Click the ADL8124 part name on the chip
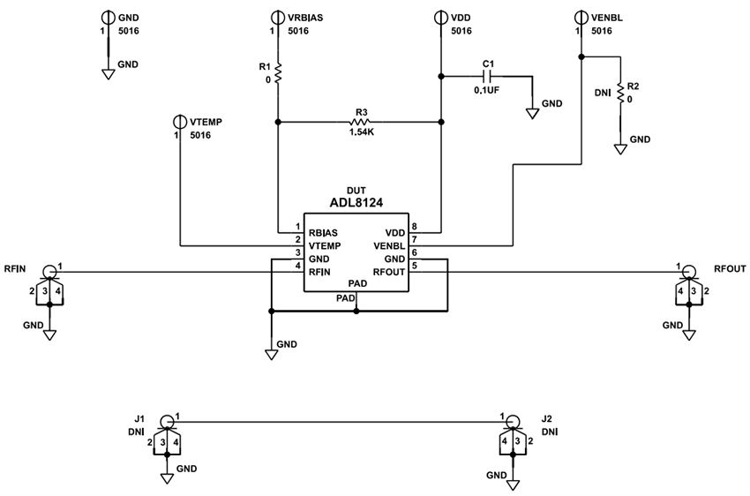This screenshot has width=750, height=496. coord(357,202)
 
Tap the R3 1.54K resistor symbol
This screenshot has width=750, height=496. coord(360,122)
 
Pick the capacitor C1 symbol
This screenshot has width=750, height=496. coord(486,77)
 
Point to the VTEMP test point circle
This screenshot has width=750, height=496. coord(180,121)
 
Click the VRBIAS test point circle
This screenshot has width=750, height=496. coord(278,17)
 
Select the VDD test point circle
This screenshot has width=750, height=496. coord(440,17)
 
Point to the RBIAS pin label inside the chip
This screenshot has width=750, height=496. coord(324,233)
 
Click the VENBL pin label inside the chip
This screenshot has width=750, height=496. coord(388,246)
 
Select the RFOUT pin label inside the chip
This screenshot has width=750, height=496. coord(388,272)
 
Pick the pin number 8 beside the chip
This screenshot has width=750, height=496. coord(414,227)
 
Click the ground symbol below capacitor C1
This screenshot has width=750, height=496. coord(533,114)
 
